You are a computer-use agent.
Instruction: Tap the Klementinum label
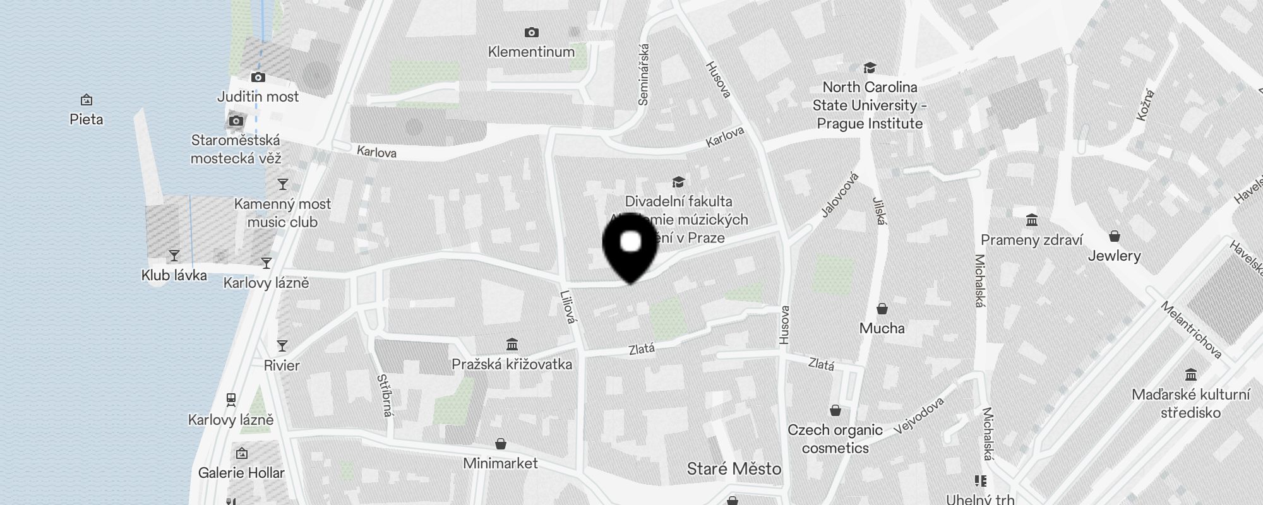[531, 52]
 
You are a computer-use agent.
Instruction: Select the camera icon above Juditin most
[258, 78]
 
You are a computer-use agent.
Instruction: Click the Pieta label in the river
[87, 119]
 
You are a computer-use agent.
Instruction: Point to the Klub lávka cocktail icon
[174, 256]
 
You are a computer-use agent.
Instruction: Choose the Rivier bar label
[282, 365]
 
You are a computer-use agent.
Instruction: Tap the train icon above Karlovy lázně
[231, 400]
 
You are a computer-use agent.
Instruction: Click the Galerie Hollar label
[241, 473]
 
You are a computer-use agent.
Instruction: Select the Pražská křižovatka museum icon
[512, 345]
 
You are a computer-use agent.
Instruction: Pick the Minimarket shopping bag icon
[501, 444]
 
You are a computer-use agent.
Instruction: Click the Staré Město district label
[734, 469]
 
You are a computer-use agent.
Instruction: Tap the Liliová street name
[568, 307]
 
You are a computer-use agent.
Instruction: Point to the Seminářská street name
[643, 74]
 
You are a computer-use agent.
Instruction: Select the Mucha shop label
[882, 328]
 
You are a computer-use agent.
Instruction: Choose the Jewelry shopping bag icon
[1115, 237]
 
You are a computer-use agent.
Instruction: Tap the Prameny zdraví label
[1031, 240]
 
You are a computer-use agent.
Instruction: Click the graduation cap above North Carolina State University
[870, 68]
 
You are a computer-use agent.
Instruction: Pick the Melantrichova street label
[1191, 330]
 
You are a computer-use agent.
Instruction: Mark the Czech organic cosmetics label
[835, 439]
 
